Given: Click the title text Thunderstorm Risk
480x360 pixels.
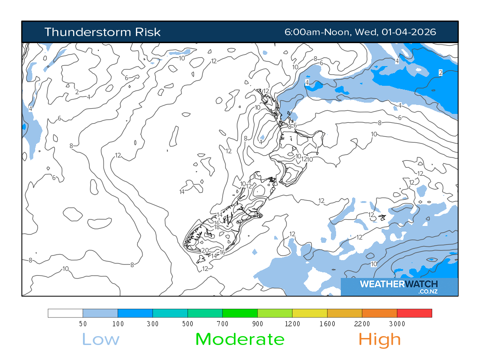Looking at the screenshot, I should click(x=102, y=32).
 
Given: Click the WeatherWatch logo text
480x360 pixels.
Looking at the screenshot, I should click(x=398, y=285).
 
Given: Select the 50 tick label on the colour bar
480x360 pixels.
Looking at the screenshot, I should click(x=83, y=324).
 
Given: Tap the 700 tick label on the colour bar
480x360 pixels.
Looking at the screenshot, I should click(x=223, y=324).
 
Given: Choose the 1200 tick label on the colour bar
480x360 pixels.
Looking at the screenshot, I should click(x=292, y=324).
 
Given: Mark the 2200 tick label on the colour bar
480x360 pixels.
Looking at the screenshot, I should click(x=362, y=324).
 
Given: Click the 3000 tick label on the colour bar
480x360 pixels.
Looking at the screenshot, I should click(x=397, y=324).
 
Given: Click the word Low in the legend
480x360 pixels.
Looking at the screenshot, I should click(x=101, y=339).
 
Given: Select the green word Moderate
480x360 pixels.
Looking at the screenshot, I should click(x=240, y=339).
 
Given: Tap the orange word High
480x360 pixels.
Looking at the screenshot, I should click(x=380, y=339).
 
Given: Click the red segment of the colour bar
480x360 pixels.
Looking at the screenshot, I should click(x=414, y=313).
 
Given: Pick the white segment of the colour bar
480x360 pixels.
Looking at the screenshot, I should click(x=66, y=313).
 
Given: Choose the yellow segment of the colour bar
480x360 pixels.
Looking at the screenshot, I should click(x=310, y=313).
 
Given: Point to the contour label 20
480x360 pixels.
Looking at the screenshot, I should click(x=205, y=250).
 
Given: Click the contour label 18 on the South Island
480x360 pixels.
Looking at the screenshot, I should click(x=217, y=227).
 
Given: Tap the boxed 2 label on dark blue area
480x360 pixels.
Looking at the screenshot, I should click(x=441, y=72).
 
